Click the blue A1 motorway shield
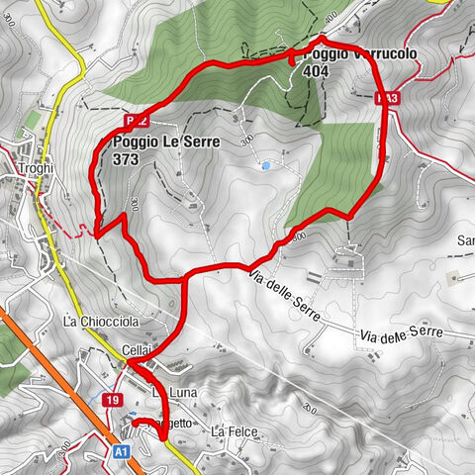tap(120, 451)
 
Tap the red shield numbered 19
tap(113, 400)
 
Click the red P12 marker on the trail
tap(137, 120)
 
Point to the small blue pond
tap(264, 166)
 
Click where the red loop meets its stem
tap(184, 278)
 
